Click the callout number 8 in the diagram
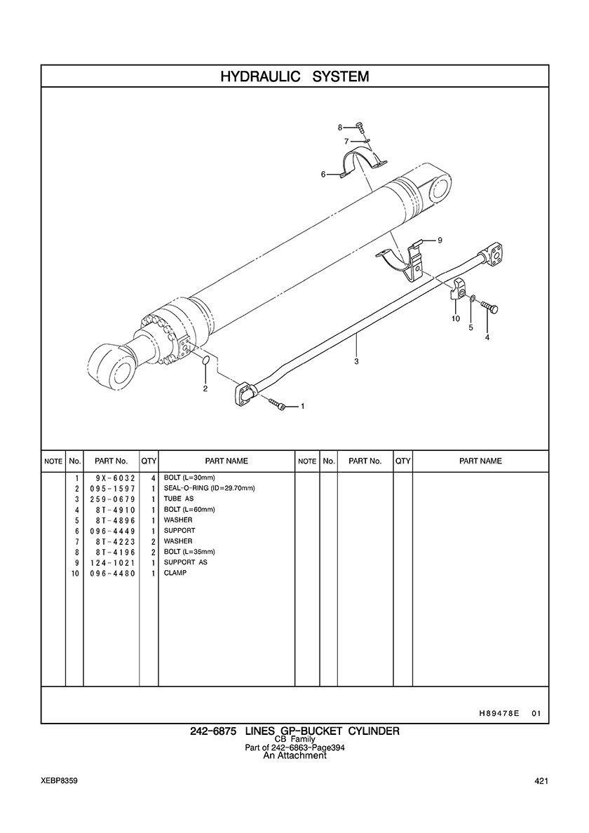[340, 128]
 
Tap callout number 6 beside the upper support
[323, 174]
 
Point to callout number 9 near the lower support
[440, 240]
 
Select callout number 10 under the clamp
[456, 319]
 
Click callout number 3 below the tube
[356, 361]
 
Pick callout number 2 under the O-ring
[205, 388]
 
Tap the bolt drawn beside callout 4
[489, 306]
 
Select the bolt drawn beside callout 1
[278, 405]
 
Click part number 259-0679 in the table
[112, 499]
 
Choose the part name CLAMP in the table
[175, 574]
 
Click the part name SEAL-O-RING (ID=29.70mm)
[210, 488]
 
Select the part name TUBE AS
[179, 499]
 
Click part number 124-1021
[112, 563]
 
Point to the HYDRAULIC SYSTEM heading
[294, 76]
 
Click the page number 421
[542, 781]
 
